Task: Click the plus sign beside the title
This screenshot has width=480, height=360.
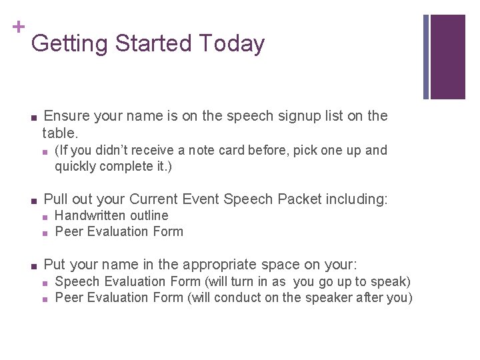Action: (18, 27)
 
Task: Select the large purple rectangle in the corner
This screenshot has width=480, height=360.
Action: (448, 57)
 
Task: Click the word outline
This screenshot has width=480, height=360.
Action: (149, 215)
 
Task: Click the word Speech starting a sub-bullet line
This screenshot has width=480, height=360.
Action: (76, 281)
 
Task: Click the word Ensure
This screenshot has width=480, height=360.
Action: (67, 116)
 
